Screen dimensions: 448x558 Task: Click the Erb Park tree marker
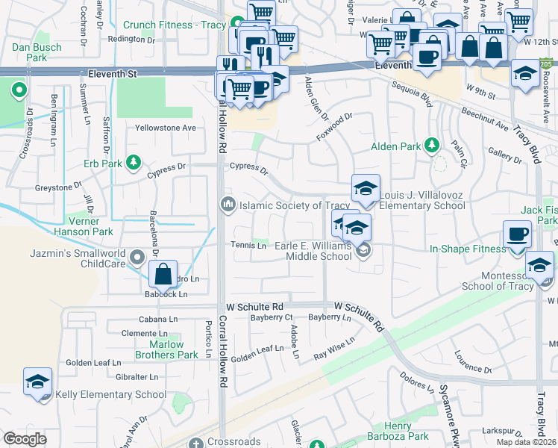point(134,162)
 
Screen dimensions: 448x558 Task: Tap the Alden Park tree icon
point(431,145)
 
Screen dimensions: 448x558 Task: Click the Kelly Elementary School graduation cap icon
point(37,382)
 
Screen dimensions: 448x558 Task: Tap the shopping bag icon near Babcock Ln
point(163,275)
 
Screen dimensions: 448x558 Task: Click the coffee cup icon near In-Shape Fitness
point(517,235)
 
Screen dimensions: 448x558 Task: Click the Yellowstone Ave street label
point(165,128)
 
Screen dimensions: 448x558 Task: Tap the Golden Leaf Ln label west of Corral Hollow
point(93,362)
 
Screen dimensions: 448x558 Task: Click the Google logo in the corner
point(25,439)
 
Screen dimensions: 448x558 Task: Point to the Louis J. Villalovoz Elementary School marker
point(366,190)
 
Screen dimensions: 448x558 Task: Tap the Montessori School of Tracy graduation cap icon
point(539,266)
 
